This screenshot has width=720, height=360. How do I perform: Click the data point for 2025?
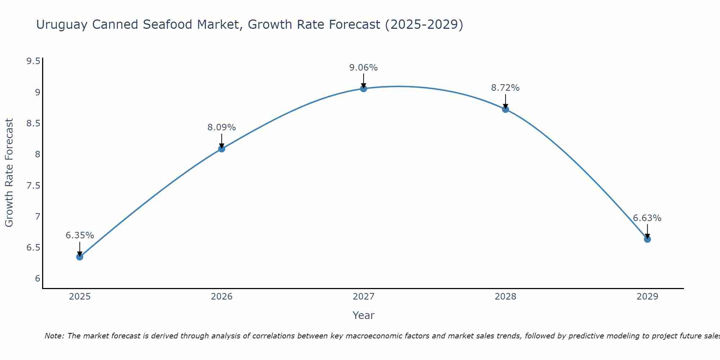point(80,257)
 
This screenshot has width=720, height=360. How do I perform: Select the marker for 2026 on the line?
point(221,149)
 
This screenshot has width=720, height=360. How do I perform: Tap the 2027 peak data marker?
point(363,89)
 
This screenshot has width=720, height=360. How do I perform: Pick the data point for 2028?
point(505,109)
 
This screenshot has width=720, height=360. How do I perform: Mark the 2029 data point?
point(647,239)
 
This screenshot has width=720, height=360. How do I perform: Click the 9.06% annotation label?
point(363,68)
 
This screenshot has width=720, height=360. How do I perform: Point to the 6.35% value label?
point(80,235)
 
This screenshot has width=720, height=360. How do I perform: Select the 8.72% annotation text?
point(505,88)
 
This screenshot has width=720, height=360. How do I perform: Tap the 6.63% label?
point(647,218)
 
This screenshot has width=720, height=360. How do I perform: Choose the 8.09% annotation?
point(221,127)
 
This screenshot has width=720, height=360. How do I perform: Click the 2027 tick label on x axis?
point(363,297)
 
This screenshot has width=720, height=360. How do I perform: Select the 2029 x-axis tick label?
point(647,297)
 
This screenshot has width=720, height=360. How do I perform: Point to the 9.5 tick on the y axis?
point(33,61)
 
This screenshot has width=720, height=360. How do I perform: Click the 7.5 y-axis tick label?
point(33,186)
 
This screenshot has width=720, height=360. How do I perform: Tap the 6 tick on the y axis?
point(37,279)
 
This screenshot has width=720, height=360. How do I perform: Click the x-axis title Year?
point(363,315)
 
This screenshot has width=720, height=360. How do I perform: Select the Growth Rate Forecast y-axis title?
point(9,173)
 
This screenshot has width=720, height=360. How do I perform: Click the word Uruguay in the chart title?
point(62,25)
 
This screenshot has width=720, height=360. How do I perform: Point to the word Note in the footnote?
point(54,336)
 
